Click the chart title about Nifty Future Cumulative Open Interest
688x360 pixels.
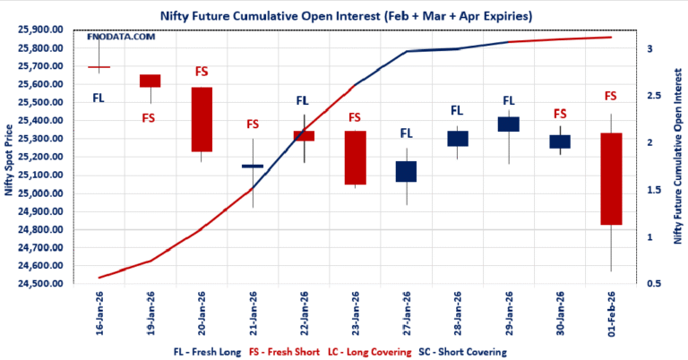point(344,14)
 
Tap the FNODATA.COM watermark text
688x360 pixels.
point(121,37)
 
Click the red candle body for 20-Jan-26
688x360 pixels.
point(202,119)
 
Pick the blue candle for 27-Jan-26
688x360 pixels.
point(406,171)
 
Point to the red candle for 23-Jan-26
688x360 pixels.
point(355,158)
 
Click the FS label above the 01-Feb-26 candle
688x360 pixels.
point(611,96)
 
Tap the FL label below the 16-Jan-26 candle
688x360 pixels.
point(99,98)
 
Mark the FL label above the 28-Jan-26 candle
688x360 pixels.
point(457,111)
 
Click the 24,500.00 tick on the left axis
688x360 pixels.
point(39,284)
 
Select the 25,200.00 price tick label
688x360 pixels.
point(39,157)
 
